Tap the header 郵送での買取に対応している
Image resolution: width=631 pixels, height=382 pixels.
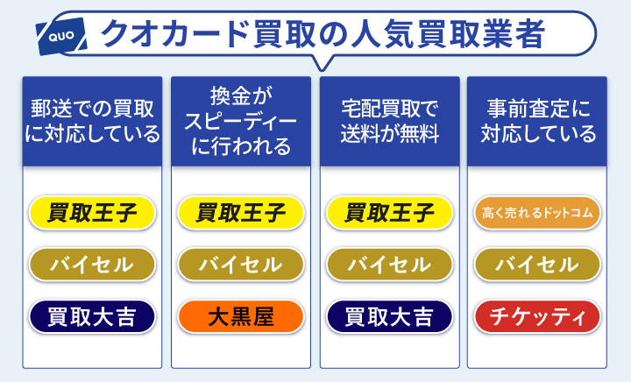(92, 122)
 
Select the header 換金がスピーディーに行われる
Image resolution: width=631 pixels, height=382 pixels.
(241, 122)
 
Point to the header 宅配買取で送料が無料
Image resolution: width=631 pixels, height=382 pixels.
(389, 122)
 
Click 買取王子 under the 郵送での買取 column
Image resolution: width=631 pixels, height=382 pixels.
(92, 212)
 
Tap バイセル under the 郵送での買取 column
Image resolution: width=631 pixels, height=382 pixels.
(92, 264)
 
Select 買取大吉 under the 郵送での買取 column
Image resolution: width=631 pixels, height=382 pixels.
(92, 315)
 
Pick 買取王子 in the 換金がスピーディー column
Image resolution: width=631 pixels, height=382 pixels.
(241, 212)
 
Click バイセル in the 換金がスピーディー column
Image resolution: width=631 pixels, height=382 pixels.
(241, 264)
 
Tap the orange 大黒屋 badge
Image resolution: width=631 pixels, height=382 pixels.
(241, 315)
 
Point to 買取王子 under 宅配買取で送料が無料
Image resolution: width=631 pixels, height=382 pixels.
(389, 212)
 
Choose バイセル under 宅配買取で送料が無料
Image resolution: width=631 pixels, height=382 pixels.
(389, 264)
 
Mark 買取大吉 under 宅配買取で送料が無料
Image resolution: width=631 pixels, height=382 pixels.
(389, 315)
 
